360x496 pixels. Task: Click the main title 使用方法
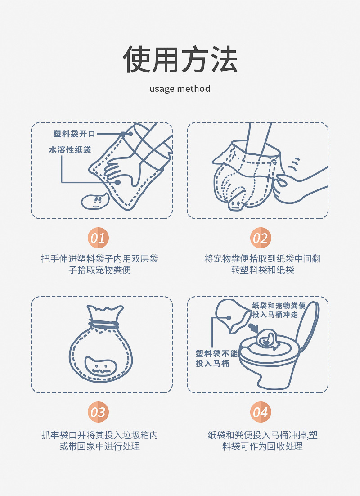[x=180, y=60]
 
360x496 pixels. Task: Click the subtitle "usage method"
[x=180, y=88]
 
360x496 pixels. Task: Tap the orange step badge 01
[x=98, y=238]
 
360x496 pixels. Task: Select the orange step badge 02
[x=260, y=238]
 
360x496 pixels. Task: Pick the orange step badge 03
[x=98, y=412]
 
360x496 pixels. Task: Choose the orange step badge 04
[x=260, y=412]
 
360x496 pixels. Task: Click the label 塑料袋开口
[x=74, y=134]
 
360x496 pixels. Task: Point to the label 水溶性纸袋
[x=70, y=150]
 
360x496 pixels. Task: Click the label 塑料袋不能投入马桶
[x=216, y=358]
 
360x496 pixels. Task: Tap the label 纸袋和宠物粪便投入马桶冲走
[x=279, y=310]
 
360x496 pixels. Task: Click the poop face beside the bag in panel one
[x=94, y=201]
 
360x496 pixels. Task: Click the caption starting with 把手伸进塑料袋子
[x=99, y=264]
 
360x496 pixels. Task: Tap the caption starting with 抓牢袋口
[x=99, y=441]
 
